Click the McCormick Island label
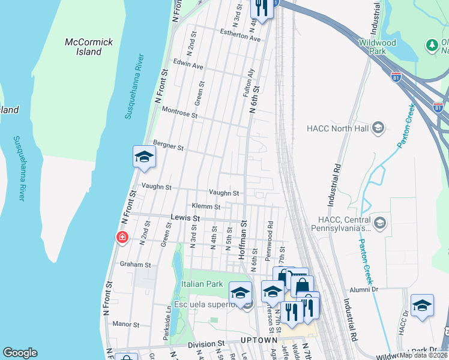click(x=89, y=47)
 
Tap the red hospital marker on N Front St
click(x=122, y=238)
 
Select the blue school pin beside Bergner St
click(x=144, y=157)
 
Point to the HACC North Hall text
click(x=338, y=128)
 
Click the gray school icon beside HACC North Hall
click(x=378, y=127)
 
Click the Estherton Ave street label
click(x=240, y=35)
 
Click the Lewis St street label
click(x=185, y=219)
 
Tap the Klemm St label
click(x=206, y=206)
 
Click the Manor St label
click(x=125, y=324)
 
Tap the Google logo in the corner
click(x=20, y=353)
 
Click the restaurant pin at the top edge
click(x=261, y=8)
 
